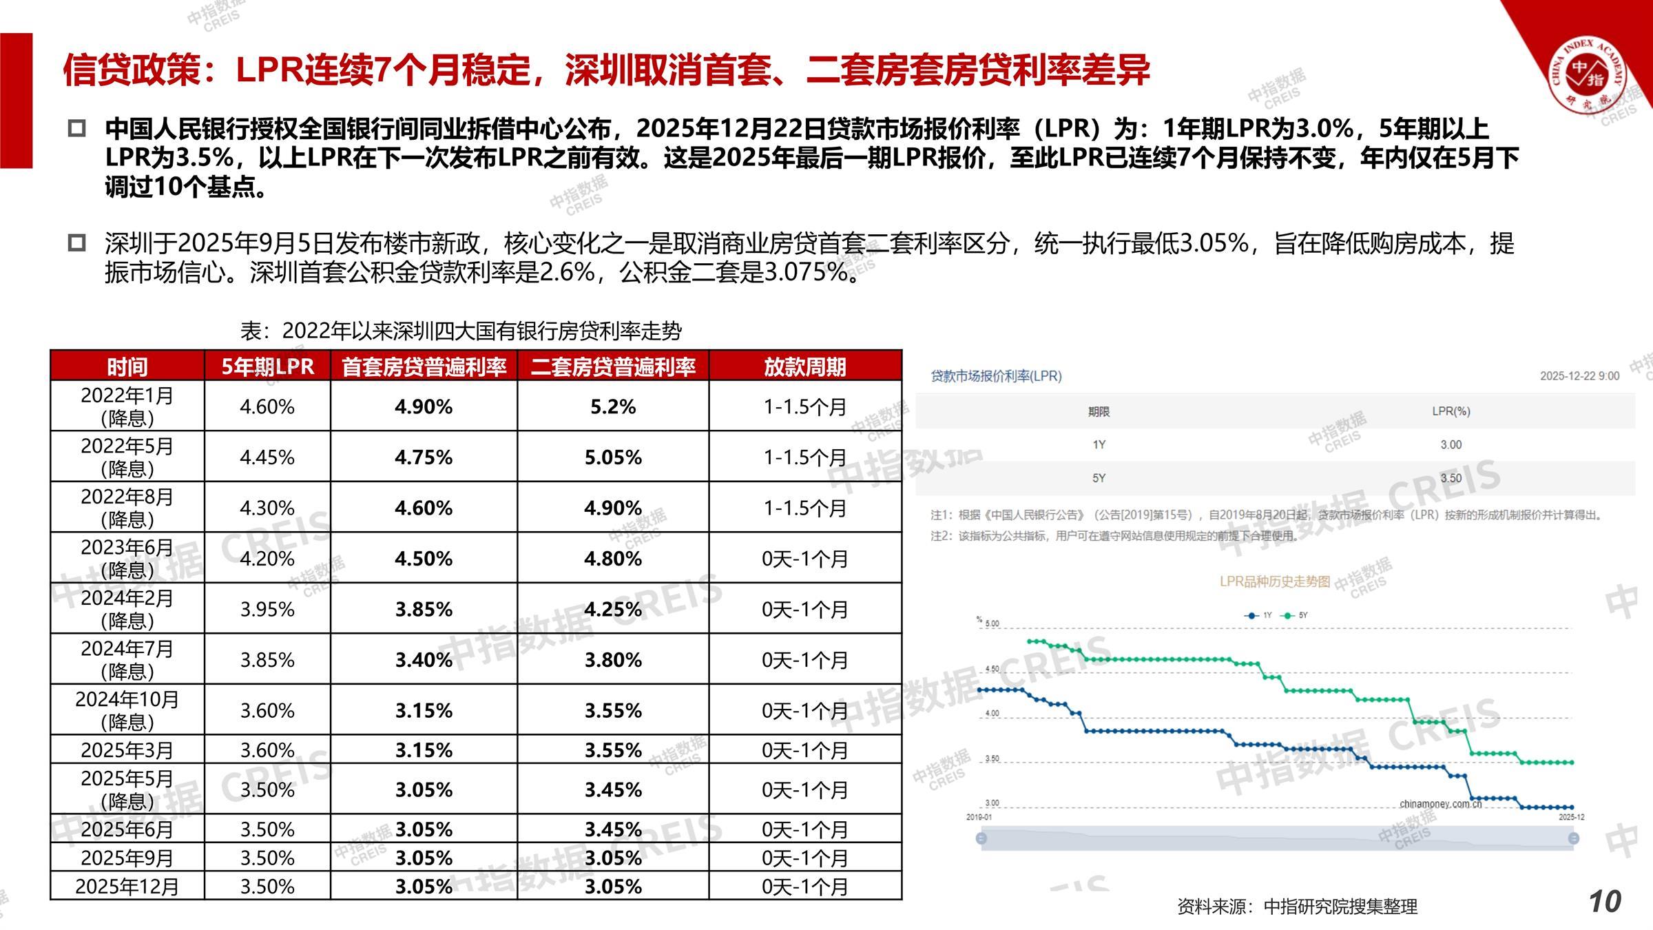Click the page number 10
tap(1605, 902)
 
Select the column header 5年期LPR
tap(267, 366)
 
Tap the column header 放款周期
tap(804, 366)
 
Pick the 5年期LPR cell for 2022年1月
tap(267, 406)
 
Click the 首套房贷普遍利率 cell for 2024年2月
tap(424, 609)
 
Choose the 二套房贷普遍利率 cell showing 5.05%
tap(613, 457)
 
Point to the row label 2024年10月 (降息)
tap(127, 710)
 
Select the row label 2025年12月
tap(127, 886)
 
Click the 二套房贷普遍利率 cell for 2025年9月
tap(613, 858)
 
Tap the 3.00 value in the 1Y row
tap(1451, 445)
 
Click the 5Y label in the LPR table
tap(1099, 478)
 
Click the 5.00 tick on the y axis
tap(992, 623)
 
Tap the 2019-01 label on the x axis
tap(979, 817)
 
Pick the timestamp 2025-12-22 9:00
tap(1579, 376)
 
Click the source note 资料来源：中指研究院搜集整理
tap(1298, 907)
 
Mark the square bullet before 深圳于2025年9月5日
tap(76, 242)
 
